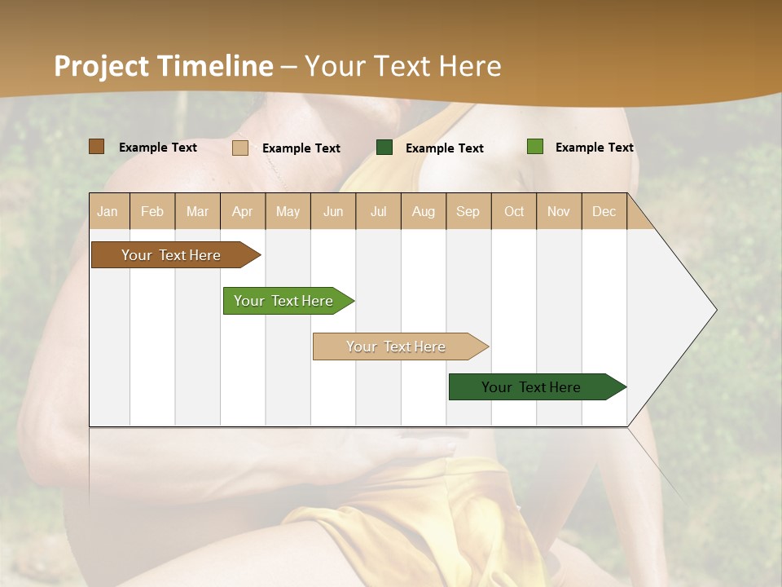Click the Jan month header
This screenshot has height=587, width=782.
point(108,211)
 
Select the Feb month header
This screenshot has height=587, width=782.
point(152,211)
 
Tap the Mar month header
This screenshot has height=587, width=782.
point(197,211)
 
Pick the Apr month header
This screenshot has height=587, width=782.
point(243,211)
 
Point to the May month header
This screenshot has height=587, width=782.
point(288,211)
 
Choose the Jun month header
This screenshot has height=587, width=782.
point(333,211)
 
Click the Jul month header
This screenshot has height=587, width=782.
point(378,211)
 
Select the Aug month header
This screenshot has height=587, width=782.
point(424,211)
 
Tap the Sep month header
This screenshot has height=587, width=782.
point(468,211)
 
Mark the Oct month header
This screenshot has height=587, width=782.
point(514,211)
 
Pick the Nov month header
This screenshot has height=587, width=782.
point(559,211)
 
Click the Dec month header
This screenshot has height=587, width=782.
point(604,211)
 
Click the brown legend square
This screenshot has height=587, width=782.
point(97,147)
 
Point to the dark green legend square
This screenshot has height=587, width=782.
point(384,148)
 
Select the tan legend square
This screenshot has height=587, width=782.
point(240,148)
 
